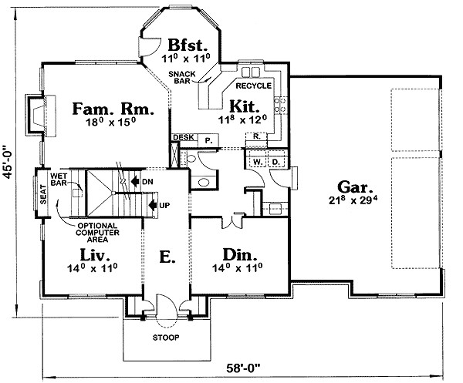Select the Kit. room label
click(244, 104)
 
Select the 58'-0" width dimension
click(245, 367)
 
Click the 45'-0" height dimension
click(10, 163)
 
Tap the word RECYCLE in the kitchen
click(253, 86)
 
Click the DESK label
click(184, 137)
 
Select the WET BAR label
click(59, 180)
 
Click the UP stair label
click(164, 205)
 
